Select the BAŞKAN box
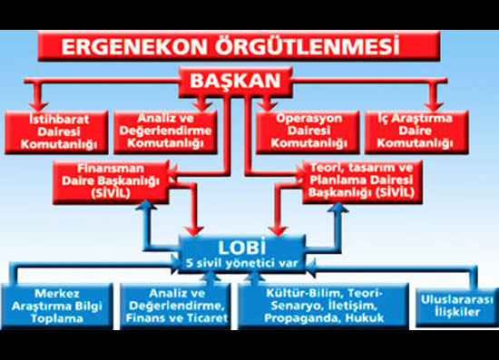[236, 83]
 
